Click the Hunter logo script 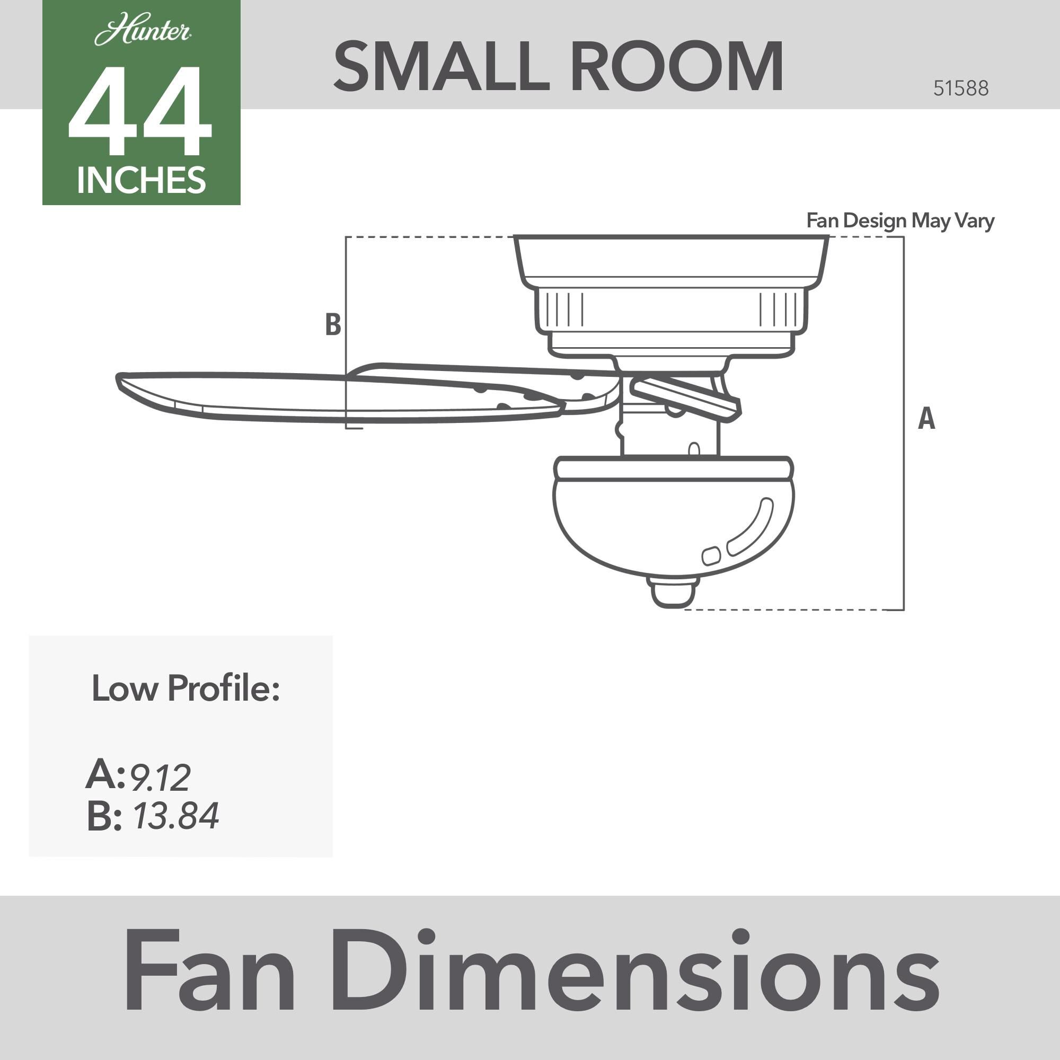[x=143, y=31]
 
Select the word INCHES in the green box [x=142, y=180]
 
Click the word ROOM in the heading [x=677, y=67]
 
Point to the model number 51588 [x=961, y=89]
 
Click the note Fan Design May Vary [x=900, y=220]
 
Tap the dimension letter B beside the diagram [x=333, y=324]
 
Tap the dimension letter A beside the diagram [x=926, y=419]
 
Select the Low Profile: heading [x=185, y=688]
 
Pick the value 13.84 [x=175, y=815]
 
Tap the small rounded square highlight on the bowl [x=711, y=556]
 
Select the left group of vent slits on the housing [x=564, y=310]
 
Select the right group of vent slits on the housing [x=779, y=310]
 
